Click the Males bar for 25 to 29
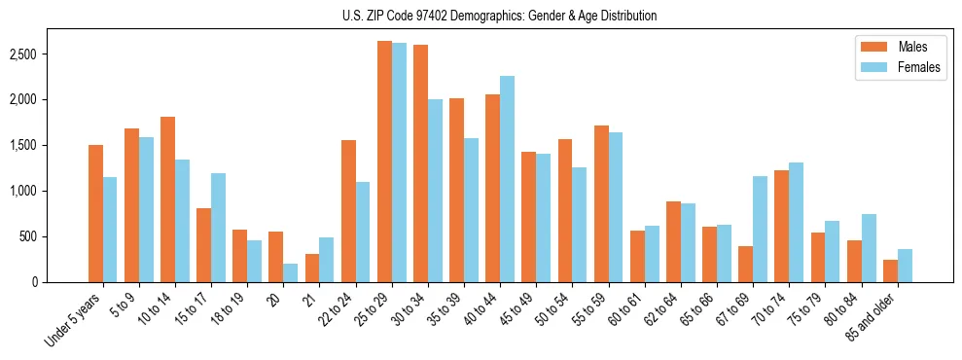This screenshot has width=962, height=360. pyautogui.click(x=384, y=162)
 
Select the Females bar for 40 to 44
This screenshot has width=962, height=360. pyautogui.click(x=507, y=179)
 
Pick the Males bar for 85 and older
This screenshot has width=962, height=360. pyautogui.click(x=890, y=270)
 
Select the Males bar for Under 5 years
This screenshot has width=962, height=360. pyautogui.click(x=95, y=213)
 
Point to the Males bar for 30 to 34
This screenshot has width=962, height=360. pyautogui.click(x=420, y=163)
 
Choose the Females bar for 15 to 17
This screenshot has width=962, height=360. pyautogui.click(x=219, y=228)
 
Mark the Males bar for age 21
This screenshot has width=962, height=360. pyautogui.click(x=312, y=268)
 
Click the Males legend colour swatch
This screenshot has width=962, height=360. pyautogui.click(x=870, y=47)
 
